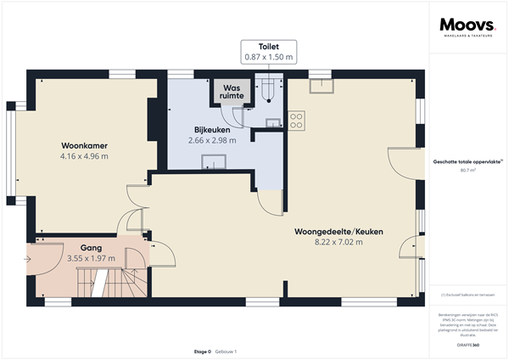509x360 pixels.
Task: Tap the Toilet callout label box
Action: (x=267, y=52)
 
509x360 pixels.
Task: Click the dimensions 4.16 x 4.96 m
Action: (x=84, y=156)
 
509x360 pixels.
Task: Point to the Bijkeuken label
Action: (x=212, y=130)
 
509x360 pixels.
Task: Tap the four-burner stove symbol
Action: (x=297, y=121)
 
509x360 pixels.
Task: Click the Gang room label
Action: (x=92, y=246)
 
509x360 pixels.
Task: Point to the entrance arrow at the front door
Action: (x=29, y=258)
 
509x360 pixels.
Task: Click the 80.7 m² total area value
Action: (x=467, y=170)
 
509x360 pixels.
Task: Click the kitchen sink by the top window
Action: (x=322, y=84)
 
